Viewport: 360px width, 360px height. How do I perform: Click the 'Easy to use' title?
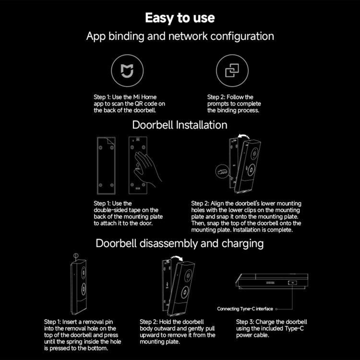180,18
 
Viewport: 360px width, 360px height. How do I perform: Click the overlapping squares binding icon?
232,71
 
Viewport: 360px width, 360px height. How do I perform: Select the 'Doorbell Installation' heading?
180,125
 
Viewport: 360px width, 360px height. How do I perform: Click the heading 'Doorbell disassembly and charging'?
180,243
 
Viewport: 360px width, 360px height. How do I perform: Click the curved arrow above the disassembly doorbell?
180,258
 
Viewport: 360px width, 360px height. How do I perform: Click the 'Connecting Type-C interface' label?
245,309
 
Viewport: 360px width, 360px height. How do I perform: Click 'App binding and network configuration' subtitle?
180,36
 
